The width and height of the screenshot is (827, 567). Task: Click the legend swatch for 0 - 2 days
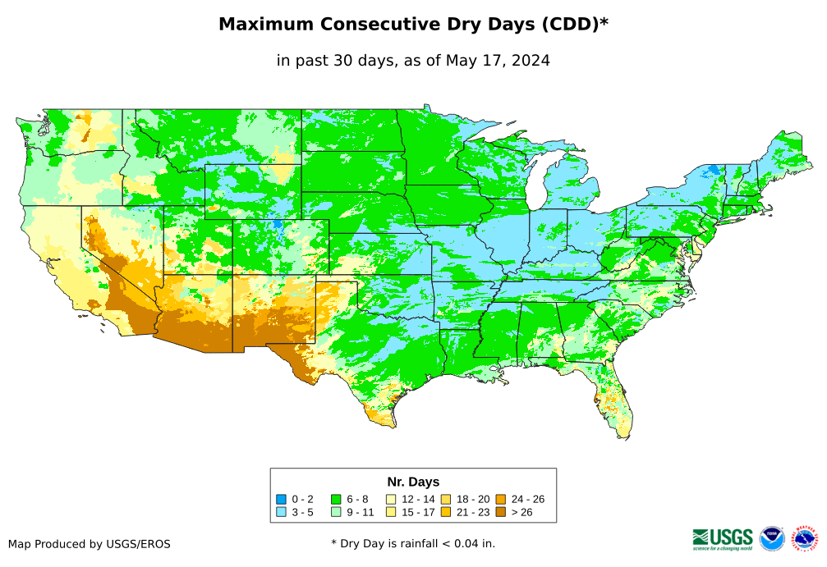click(282, 499)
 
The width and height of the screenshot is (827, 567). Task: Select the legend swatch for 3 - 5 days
click(282, 512)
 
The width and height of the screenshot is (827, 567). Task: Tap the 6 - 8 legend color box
click(337, 499)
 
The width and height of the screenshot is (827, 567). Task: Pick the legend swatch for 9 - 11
click(337, 512)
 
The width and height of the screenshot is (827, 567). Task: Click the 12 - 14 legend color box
click(392, 499)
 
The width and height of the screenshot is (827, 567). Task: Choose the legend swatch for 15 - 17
click(392, 512)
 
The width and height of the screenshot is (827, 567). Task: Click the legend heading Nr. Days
click(413, 482)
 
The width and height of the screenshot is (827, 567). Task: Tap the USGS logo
click(723, 538)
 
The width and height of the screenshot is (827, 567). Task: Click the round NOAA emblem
click(772, 539)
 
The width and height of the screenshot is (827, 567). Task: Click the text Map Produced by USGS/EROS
click(90, 544)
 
